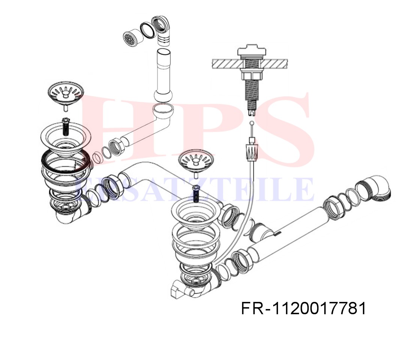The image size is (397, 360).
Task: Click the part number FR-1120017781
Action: coord(303,308)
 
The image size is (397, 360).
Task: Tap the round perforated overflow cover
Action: coord(130,39)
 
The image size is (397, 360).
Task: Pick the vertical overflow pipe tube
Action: coord(164,75)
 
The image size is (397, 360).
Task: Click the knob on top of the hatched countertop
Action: coord(252,52)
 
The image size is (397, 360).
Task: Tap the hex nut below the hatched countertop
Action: coord(250,76)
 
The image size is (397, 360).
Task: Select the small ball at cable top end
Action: coord(251,123)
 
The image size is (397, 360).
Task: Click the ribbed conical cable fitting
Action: coord(252,152)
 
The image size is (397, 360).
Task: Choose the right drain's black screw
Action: coord(196,193)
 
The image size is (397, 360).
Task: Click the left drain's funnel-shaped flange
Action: coord(66,138)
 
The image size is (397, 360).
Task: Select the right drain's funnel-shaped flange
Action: coord(196,213)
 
